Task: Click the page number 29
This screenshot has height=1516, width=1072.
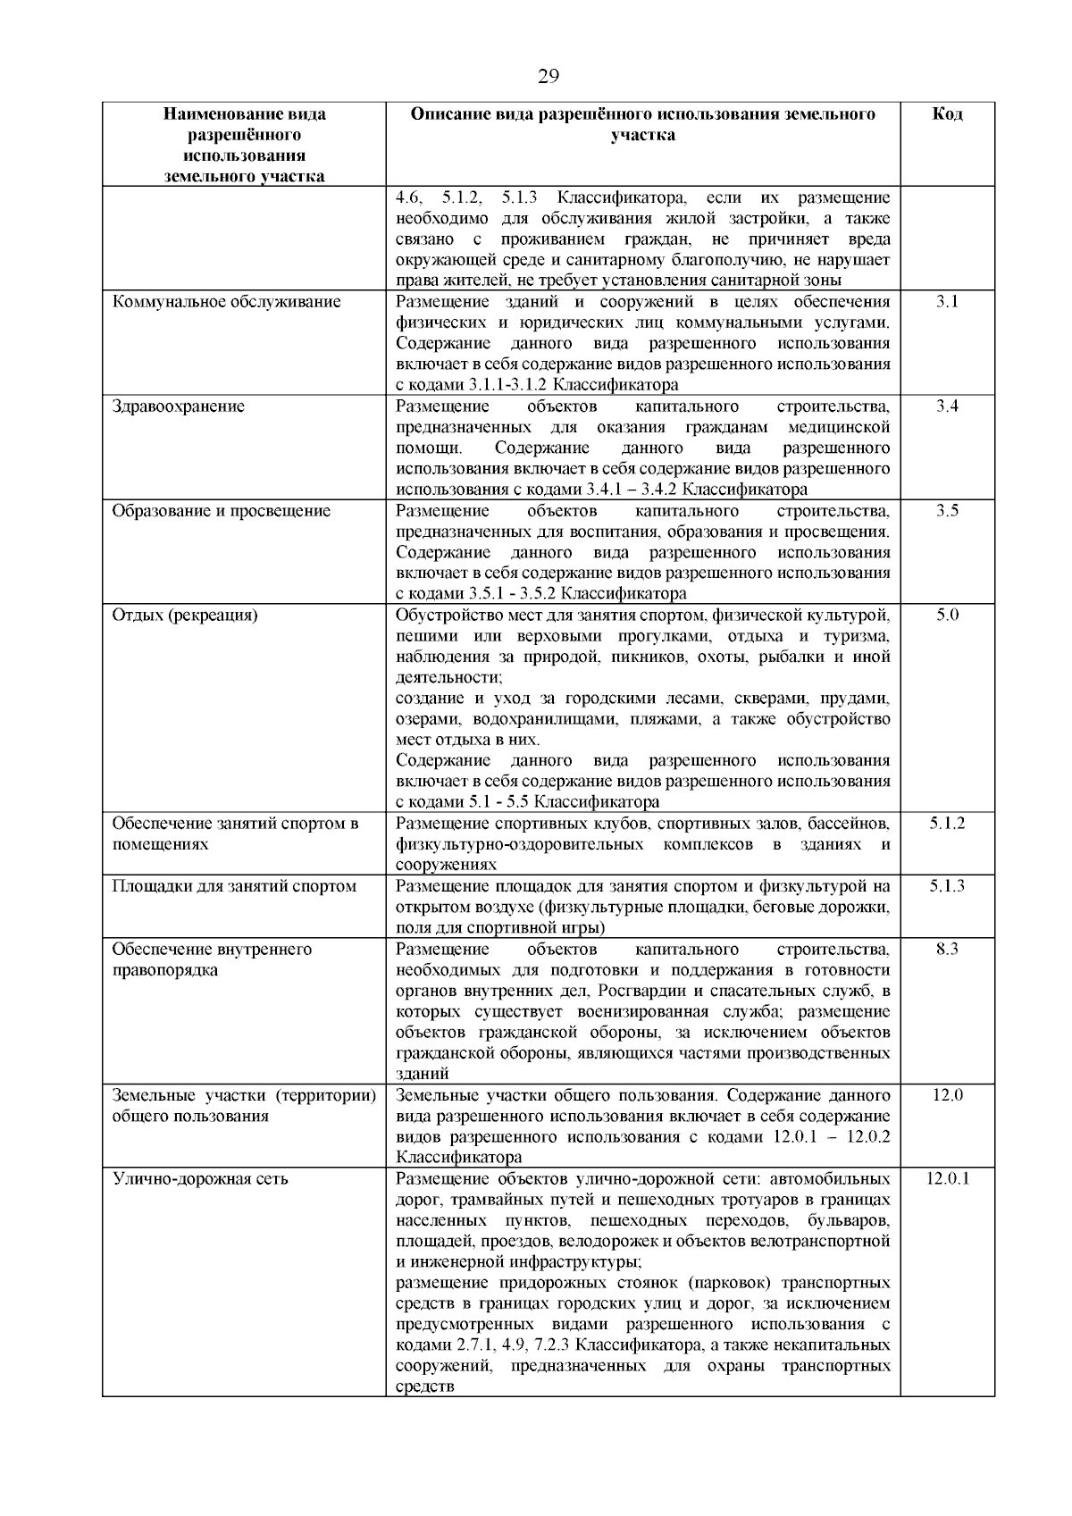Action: tap(548, 77)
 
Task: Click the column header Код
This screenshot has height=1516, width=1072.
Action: tap(947, 114)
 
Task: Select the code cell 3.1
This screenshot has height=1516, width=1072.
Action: tap(947, 302)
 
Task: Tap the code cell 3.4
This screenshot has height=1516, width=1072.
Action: tap(947, 406)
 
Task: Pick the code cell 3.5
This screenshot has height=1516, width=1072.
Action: tap(947, 511)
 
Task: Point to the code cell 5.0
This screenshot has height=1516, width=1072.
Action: tap(947, 616)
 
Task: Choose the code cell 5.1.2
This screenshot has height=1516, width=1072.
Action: tap(947, 824)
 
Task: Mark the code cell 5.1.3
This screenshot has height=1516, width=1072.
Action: tap(947, 886)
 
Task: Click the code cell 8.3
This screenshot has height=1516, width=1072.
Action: tap(947, 950)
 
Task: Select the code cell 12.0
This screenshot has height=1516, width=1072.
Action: tap(947, 1095)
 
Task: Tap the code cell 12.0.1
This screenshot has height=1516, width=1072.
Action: tap(947, 1179)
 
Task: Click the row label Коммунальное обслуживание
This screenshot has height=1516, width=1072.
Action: tap(227, 302)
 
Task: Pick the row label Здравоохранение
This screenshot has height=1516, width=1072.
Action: tap(178, 406)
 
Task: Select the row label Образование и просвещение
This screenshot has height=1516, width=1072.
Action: tap(222, 511)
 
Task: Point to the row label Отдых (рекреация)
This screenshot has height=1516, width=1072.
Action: tap(185, 616)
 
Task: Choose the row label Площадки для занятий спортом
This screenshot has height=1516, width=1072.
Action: tap(234, 886)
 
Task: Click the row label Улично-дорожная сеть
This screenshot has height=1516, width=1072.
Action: tap(200, 1179)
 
